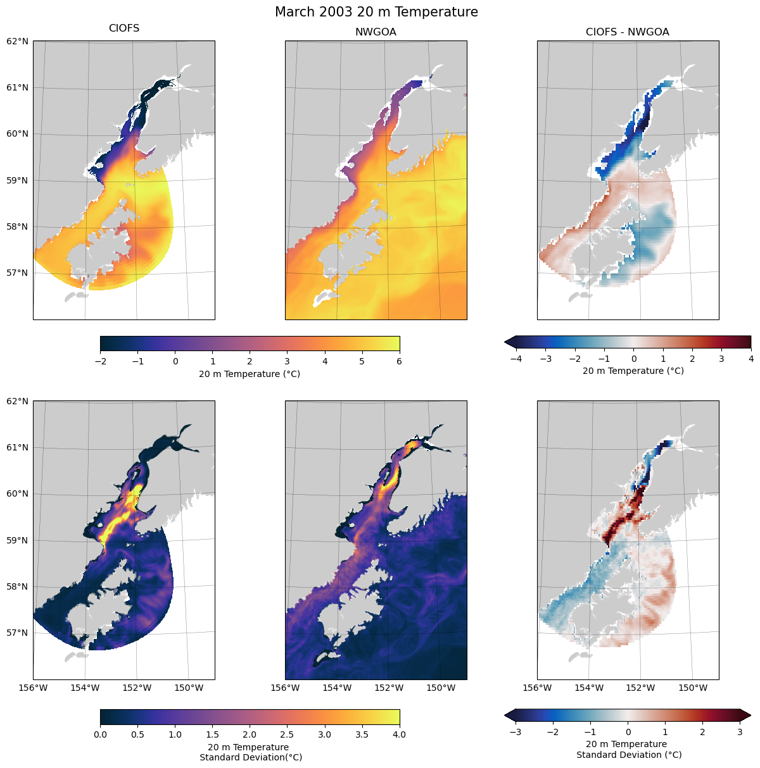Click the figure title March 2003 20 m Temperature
click(376, 12)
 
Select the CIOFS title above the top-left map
click(124, 28)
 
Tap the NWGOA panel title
click(376, 32)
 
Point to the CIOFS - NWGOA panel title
click(627, 32)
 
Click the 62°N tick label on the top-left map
click(18, 41)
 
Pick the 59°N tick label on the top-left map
click(18, 180)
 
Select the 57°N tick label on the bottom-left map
click(18, 633)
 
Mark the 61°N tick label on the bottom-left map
click(18, 447)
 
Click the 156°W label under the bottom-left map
click(34, 688)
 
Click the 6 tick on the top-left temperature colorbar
click(400, 361)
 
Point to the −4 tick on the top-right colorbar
click(516, 359)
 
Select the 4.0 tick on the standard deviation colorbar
click(400, 734)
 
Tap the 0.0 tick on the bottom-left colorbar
click(100, 734)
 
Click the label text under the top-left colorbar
click(250, 374)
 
